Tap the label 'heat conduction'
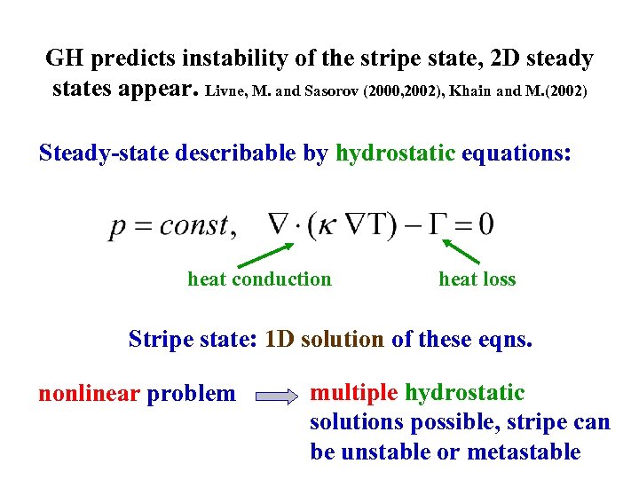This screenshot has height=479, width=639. click(259, 279)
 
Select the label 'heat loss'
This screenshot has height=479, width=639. click(477, 279)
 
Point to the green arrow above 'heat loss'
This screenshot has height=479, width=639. click(466, 247)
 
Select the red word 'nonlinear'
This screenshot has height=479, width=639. click(89, 394)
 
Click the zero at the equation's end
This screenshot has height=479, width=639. click(485, 224)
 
